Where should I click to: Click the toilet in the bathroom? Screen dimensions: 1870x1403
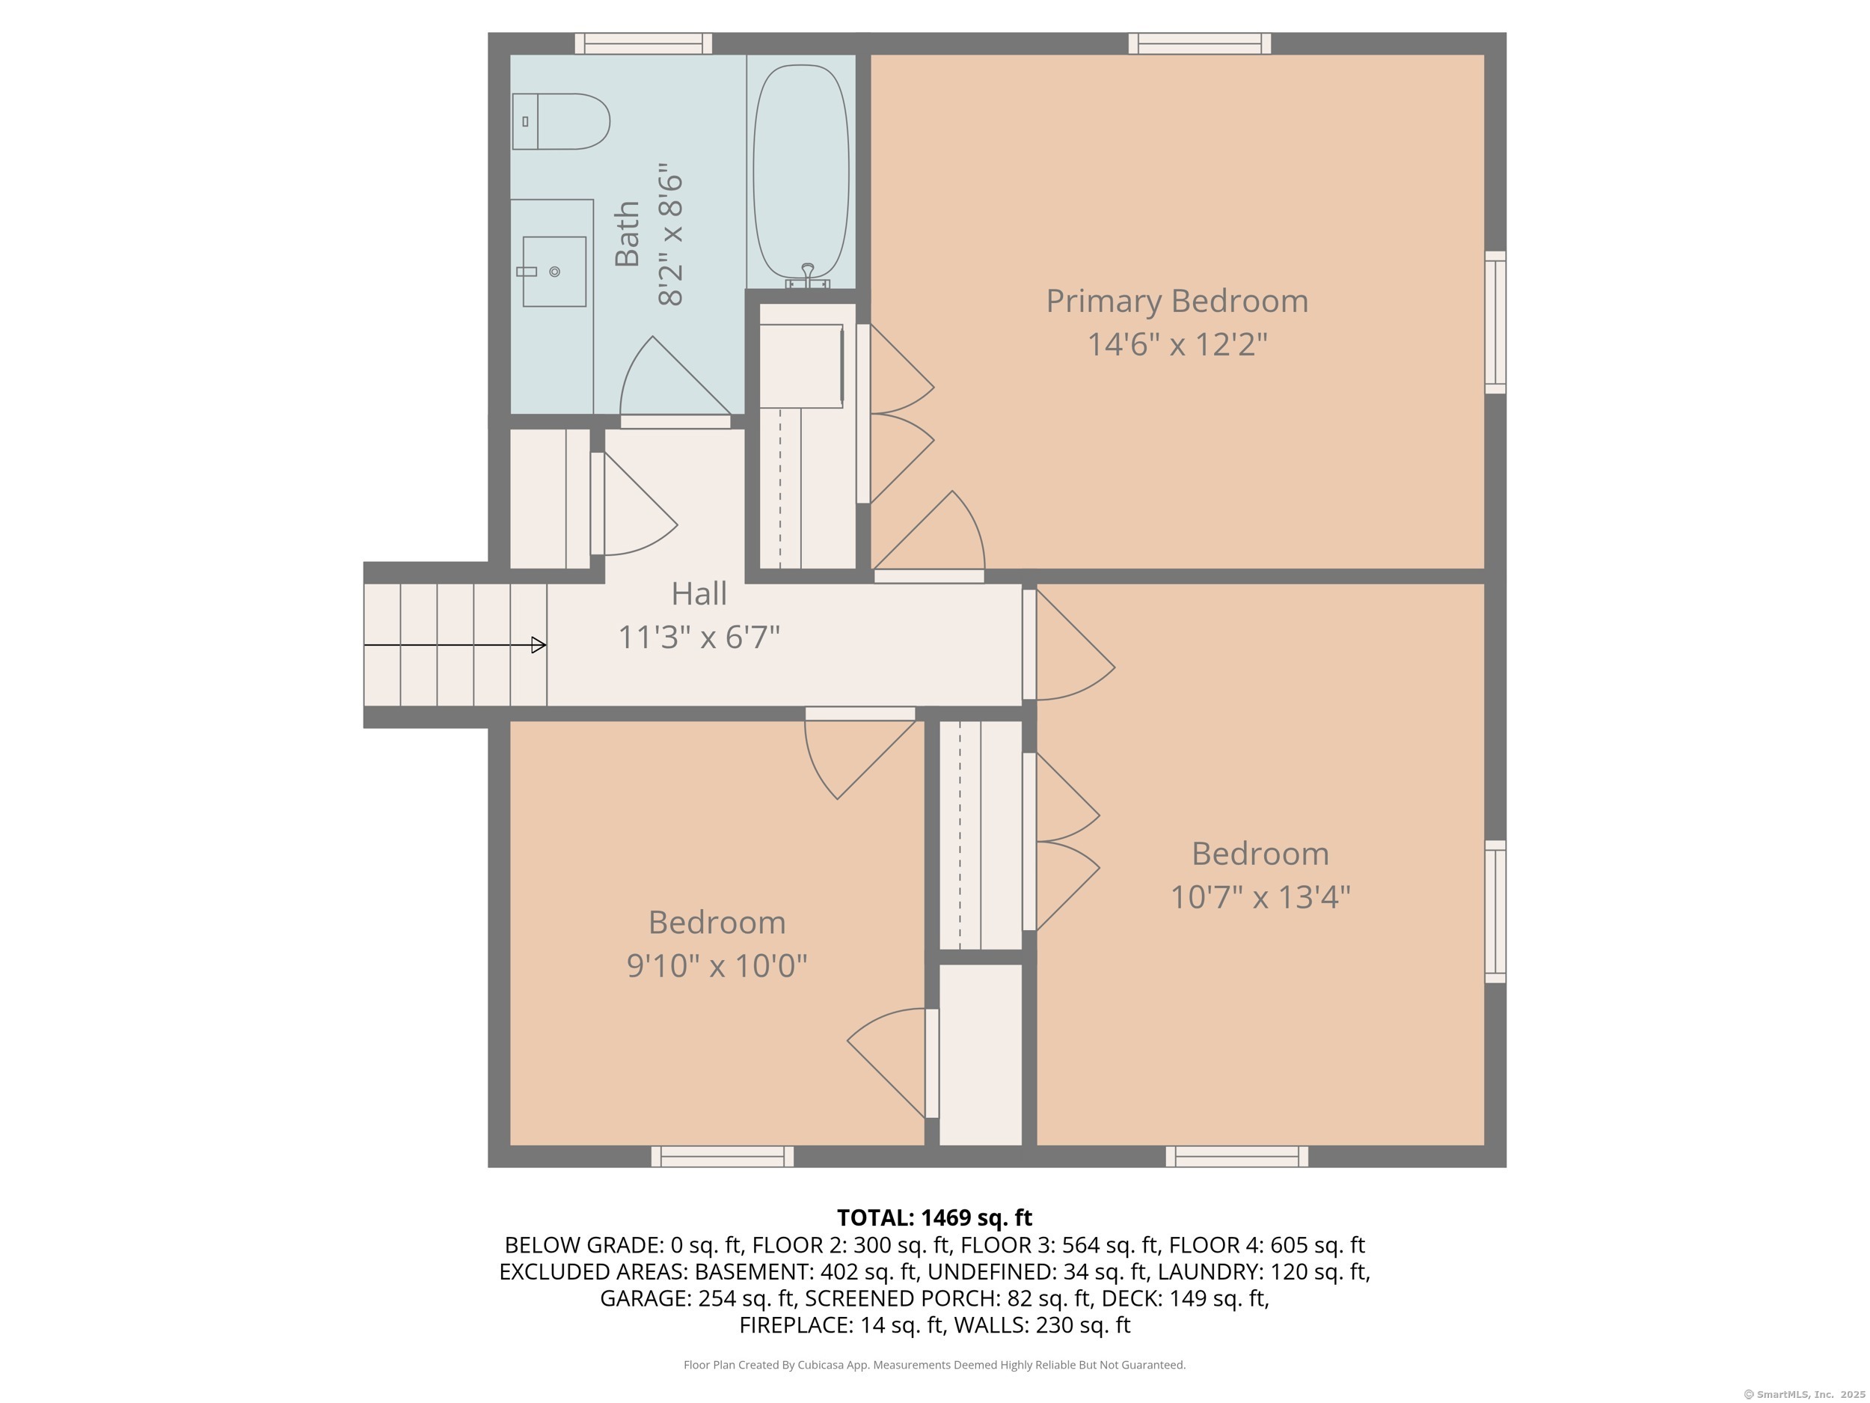tap(560, 122)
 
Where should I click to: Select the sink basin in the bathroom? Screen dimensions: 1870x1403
tap(554, 272)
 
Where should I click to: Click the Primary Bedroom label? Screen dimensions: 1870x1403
tap(1177, 301)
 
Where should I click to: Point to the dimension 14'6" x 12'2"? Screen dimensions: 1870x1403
tap(1177, 344)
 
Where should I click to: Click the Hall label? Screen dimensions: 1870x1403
tap(699, 593)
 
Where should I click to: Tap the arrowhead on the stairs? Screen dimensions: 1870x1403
tap(539, 645)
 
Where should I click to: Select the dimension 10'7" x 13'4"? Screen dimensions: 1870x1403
tap(1260, 896)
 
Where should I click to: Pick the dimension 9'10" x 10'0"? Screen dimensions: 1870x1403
tap(717, 965)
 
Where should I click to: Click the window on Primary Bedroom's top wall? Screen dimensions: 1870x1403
tap(1200, 43)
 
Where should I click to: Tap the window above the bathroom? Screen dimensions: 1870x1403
tap(643, 43)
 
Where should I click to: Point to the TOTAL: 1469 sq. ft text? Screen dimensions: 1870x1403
tap(934, 1217)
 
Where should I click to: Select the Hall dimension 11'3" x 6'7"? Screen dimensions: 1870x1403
tap(699, 637)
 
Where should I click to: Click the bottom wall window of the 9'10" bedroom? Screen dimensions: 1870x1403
tap(723, 1156)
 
